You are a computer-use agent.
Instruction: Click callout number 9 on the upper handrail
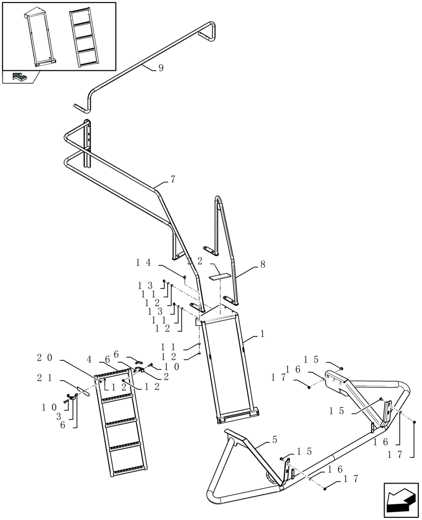[161, 68]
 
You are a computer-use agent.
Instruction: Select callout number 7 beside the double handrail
[172, 179]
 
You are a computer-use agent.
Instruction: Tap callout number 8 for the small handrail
[262, 265]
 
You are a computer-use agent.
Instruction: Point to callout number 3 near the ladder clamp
[59, 416]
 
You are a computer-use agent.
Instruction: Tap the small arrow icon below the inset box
[20, 77]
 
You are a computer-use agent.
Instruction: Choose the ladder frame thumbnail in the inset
[39, 38]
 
